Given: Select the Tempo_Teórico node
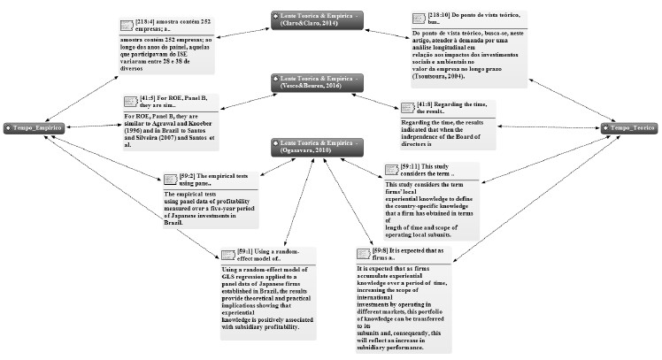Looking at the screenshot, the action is (628, 128).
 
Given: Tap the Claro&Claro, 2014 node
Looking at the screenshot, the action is (316, 19).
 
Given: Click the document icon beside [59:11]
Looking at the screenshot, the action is (394, 171).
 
